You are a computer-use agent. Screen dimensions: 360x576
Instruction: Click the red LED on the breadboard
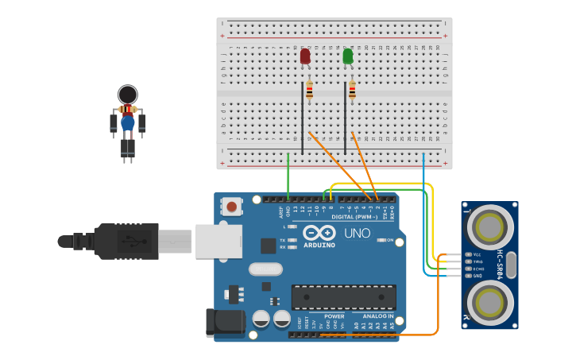305,56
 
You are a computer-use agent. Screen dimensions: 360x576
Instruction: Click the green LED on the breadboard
347,56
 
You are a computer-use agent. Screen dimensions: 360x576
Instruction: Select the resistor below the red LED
309,91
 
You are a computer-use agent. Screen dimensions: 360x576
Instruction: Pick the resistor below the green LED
352,91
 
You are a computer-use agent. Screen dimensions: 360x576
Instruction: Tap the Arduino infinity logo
319,233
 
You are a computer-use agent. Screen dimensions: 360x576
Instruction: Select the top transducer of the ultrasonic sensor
489,226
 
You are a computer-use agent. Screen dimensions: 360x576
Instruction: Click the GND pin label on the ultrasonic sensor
477,276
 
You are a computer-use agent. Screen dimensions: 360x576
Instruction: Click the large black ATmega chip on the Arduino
343,297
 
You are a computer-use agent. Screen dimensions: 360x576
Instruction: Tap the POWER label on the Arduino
334,316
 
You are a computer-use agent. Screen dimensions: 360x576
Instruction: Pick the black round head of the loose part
127,94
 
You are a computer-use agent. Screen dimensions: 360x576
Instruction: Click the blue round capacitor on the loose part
127,124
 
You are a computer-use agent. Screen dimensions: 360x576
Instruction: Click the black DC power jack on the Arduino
225,321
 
